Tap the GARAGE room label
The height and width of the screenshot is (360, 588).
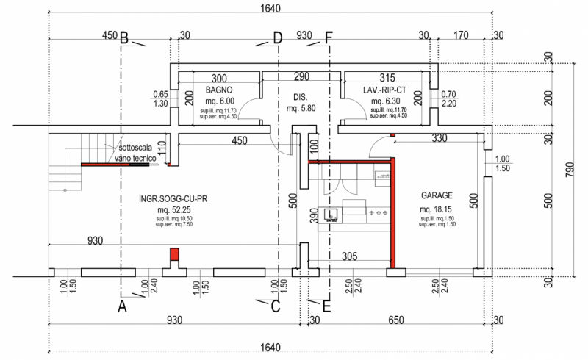(436, 196)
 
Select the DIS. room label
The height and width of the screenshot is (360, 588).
(299, 96)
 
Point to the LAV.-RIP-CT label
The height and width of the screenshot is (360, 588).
(383, 90)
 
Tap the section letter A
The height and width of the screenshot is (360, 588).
(123, 307)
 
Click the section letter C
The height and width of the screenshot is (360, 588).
(276, 307)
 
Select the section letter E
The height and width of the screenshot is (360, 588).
(326, 307)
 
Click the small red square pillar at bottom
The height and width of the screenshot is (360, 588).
(174, 254)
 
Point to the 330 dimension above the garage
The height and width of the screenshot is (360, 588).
(439, 138)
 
